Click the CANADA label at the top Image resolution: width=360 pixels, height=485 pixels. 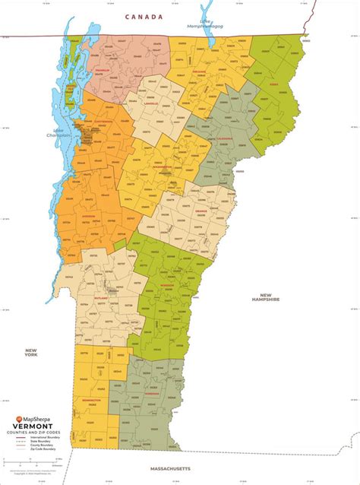(x=144, y=17)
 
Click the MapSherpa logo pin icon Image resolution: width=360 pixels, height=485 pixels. (x=20, y=418)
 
